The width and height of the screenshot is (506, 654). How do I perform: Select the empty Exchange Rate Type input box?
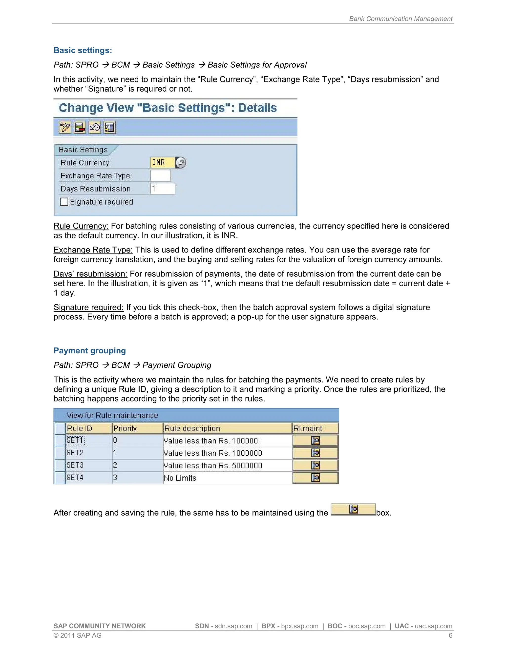coord(160,176)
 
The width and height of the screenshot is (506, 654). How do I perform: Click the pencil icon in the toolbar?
coord(65,128)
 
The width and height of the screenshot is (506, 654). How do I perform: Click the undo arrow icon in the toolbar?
coord(95,128)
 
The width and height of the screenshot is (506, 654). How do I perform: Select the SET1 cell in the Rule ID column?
coord(76,441)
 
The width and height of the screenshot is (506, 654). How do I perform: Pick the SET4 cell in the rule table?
coord(75,478)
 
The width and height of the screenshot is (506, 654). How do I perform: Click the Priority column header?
coord(125,428)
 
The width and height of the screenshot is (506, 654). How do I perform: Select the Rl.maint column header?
coord(308,428)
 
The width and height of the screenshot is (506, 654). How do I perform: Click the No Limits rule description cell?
coord(180,478)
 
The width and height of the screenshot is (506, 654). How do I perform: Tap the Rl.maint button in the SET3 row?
coord(315,465)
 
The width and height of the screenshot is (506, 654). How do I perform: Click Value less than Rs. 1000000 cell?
coord(213,453)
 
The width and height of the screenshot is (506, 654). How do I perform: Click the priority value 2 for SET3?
coord(115,465)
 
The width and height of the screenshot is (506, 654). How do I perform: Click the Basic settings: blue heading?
coord(83,50)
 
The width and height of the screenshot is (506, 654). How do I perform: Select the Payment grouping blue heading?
coord(90,351)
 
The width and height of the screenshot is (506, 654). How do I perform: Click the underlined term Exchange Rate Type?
coord(93,250)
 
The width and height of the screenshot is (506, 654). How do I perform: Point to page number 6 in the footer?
coord(450,635)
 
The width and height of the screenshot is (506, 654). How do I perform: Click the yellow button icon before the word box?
coord(353,509)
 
